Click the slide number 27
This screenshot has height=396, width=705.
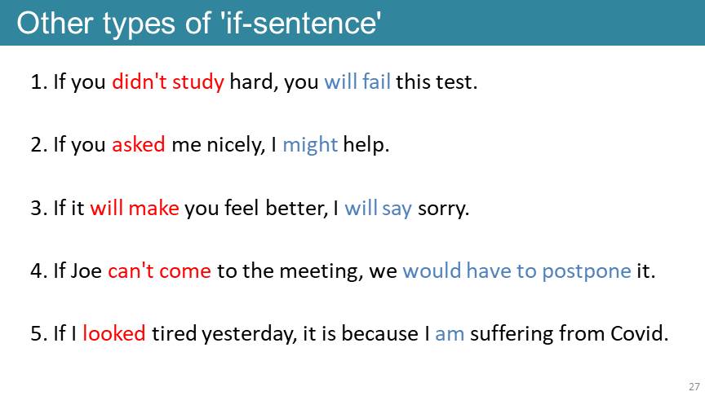pos(694,386)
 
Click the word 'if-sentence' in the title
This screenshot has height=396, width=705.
pos(301,23)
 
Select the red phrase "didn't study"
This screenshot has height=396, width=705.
pos(168,81)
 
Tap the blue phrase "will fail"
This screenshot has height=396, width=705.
pos(357,81)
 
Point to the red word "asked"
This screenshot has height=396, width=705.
pos(139,144)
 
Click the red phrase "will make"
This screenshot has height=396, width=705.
pos(135,208)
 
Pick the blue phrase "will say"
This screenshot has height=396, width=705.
pos(378,209)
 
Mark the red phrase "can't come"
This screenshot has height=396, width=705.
pos(160,271)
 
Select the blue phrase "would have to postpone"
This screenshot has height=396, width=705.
pos(517,271)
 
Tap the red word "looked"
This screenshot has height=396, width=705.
pos(114,333)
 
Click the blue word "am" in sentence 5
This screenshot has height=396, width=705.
pos(450,335)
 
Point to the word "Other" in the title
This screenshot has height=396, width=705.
pos(55,23)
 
